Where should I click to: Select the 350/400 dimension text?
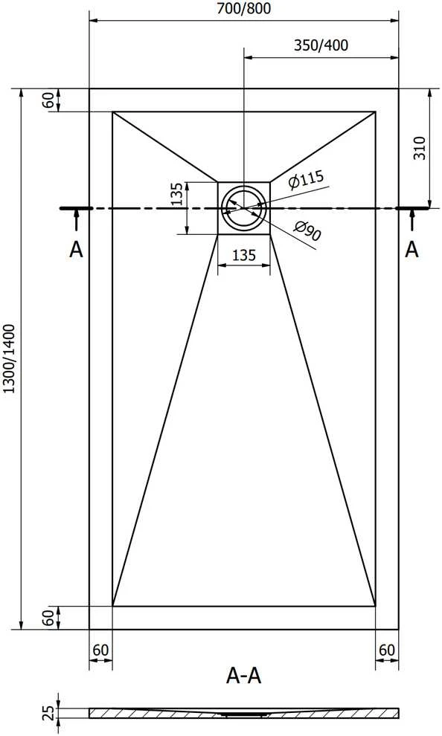[321, 45]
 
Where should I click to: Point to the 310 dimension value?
[419, 148]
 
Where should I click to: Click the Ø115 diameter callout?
[306, 179]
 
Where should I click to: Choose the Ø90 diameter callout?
[307, 230]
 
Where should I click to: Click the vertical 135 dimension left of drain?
[176, 194]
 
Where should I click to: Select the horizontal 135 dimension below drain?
[244, 255]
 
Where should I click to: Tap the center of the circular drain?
[244, 207]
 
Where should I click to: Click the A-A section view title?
[244, 676]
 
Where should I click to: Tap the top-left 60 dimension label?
[48, 100]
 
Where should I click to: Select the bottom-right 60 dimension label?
[387, 650]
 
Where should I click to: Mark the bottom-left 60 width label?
[100, 650]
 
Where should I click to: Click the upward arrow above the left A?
[76, 220]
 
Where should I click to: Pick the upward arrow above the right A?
[412, 220]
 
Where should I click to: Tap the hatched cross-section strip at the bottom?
[244, 713]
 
